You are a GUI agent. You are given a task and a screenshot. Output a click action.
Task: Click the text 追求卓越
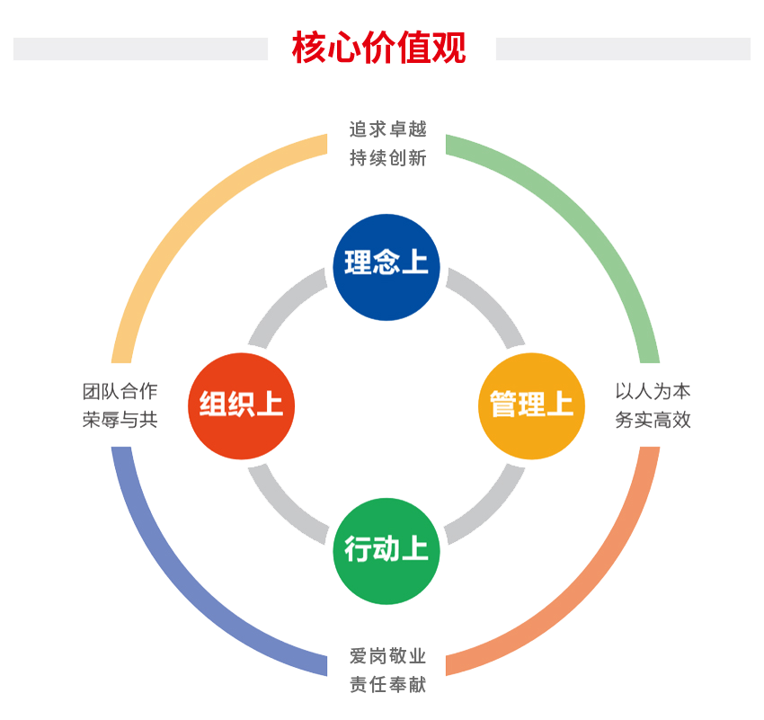tap(387, 129)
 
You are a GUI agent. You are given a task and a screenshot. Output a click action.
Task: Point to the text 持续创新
tap(387, 158)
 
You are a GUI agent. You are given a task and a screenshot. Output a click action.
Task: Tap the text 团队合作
tap(120, 391)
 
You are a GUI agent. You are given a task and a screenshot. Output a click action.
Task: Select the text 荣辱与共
tap(120, 420)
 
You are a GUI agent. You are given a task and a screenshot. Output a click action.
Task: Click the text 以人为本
tap(653, 391)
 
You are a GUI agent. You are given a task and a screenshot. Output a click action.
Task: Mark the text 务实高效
tap(653, 420)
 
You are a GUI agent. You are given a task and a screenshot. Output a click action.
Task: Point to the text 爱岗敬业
tap(387, 656)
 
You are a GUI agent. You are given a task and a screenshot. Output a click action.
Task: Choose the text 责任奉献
tap(387, 686)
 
